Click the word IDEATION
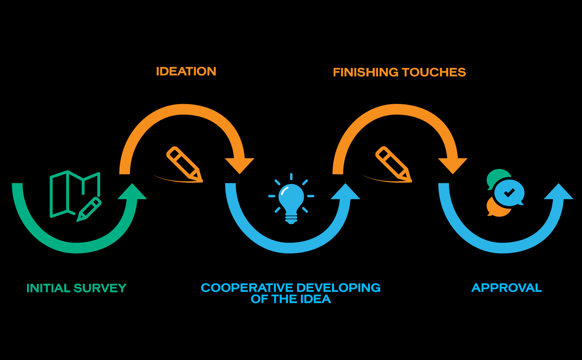(186, 72)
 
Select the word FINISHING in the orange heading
(366, 72)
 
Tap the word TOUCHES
(433, 72)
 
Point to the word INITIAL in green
(48, 288)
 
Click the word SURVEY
(100, 288)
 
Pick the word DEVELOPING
(339, 288)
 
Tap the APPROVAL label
(506, 288)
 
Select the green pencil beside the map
(89, 209)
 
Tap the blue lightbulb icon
(291, 199)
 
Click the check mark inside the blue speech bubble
(509, 193)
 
